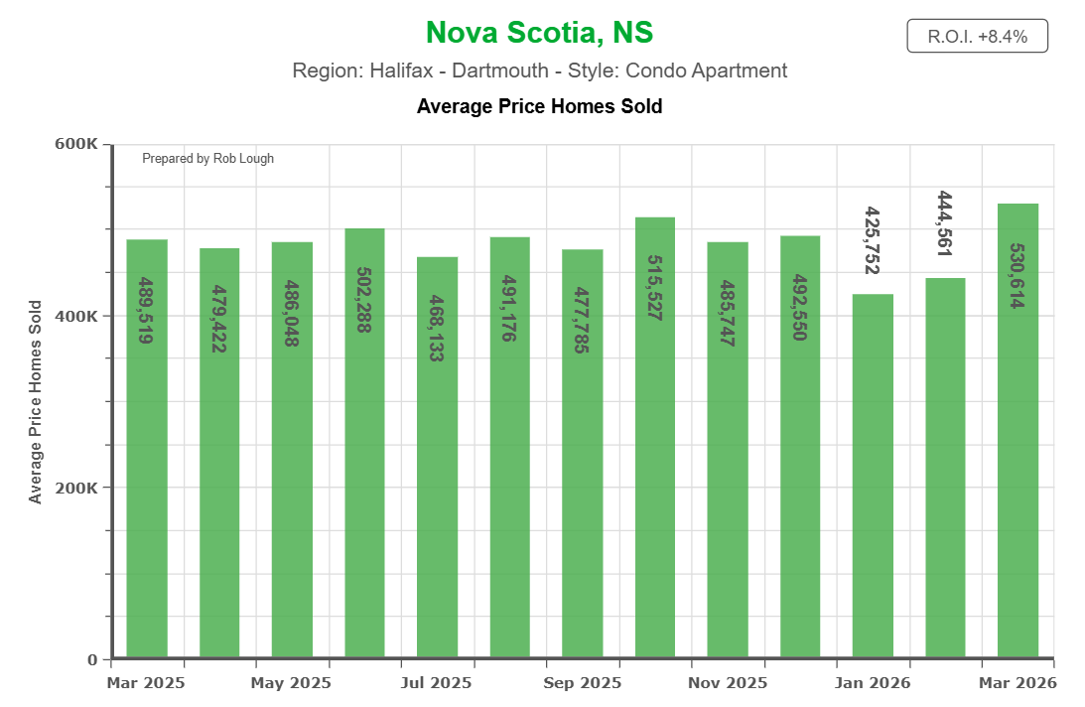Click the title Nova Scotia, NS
(539, 33)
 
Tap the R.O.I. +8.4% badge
(977, 37)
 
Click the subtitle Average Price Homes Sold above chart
(539, 105)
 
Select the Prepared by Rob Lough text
(207, 159)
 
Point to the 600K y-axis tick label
(75, 144)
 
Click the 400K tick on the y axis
(75, 316)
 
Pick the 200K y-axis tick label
(75, 488)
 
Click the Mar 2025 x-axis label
(146, 683)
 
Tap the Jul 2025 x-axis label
(437, 683)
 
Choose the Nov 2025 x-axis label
(728, 683)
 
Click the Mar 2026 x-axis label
(1017, 683)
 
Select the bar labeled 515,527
(655, 437)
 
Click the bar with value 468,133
(437, 457)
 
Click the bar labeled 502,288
(364, 442)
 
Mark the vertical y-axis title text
(36, 401)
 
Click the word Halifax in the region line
(400, 71)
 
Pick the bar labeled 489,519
(147, 448)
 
